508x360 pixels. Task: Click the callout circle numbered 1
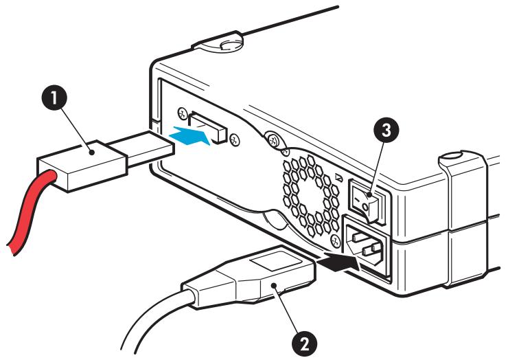[x=54, y=98]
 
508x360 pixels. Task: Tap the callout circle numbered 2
[x=305, y=344]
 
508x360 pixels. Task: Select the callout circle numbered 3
[x=386, y=130]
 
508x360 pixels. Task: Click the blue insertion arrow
[x=191, y=135]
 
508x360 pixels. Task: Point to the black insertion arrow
[x=338, y=261]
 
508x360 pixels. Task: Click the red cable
[x=31, y=211]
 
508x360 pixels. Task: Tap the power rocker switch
[x=367, y=202]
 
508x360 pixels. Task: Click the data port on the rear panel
[x=207, y=126]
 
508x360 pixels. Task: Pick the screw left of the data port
[x=183, y=113]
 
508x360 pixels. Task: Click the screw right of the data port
[x=234, y=139]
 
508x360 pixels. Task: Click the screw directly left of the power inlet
[x=335, y=241]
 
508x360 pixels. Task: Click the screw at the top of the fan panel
[x=274, y=140]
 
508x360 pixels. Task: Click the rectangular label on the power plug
[x=275, y=260]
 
